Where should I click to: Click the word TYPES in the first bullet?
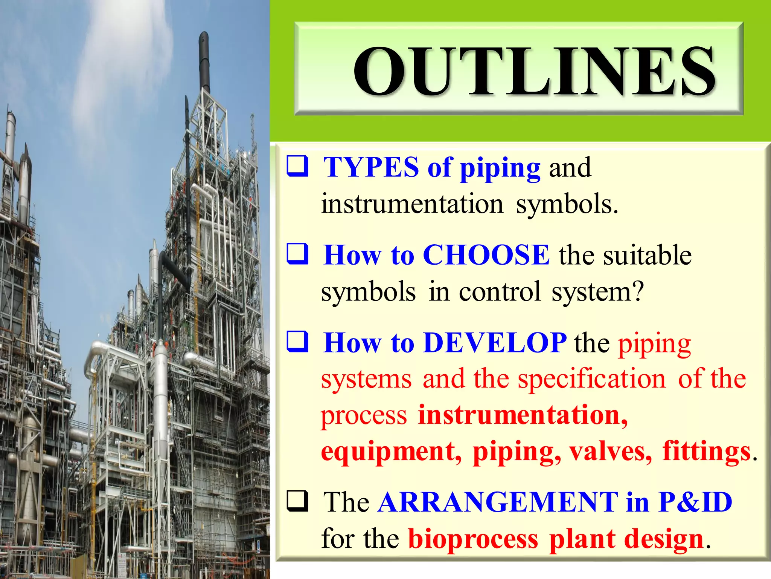pyautogui.click(x=371, y=167)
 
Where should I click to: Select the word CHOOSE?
pyautogui.click(x=486, y=255)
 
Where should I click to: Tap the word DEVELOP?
pyautogui.click(x=494, y=343)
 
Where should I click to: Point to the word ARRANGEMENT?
pyautogui.click(x=498, y=502)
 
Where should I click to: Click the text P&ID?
pyautogui.click(x=695, y=502)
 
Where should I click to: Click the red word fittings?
pyautogui.click(x=706, y=451)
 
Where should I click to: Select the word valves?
pyautogui.click(x=610, y=451)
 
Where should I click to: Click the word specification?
pyautogui.click(x=592, y=378)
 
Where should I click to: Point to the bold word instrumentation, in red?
pyautogui.click(x=523, y=415)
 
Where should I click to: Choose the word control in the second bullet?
pyautogui.click(x=499, y=291)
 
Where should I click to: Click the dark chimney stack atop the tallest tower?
pyautogui.click(x=204, y=60)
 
